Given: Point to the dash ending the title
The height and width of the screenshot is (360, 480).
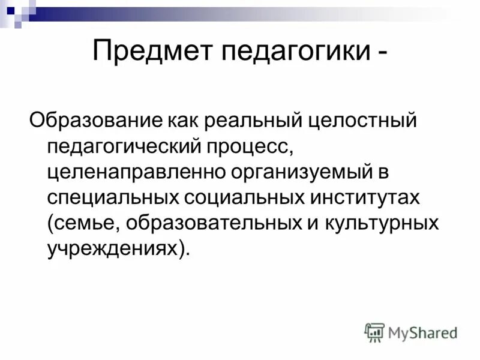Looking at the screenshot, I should click(382, 52).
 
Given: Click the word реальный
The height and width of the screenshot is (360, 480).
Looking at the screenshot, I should click(242, 121).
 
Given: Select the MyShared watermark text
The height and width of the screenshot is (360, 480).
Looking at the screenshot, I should click(422, 332).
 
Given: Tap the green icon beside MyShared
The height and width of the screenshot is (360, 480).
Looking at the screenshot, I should click(374, 332).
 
